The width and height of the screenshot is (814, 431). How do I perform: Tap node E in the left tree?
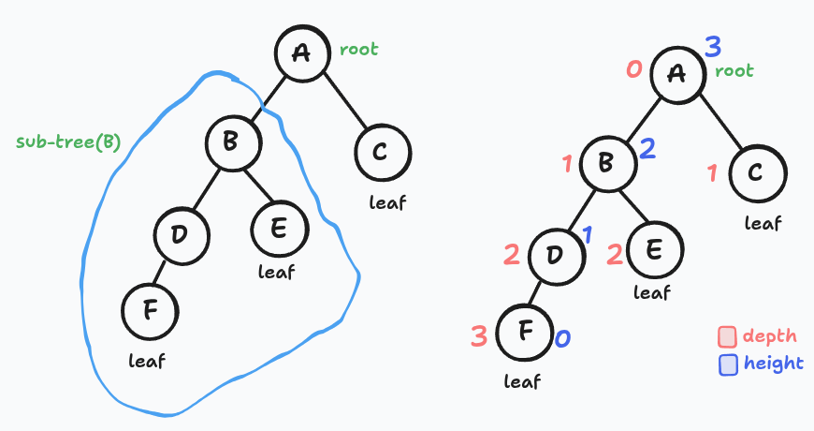coord(278,228)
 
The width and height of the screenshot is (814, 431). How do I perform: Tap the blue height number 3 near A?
coord(713,46)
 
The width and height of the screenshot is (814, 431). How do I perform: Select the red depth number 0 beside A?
coord(633,68)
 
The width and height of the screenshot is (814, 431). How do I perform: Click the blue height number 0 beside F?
coord(562,338)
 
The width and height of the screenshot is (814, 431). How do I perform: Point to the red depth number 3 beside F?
coord(478,334)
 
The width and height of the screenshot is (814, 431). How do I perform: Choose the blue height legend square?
coord(728,364)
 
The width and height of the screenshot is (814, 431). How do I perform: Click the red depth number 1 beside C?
coord(712,173)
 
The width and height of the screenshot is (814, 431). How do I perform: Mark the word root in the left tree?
coord(358,49)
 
